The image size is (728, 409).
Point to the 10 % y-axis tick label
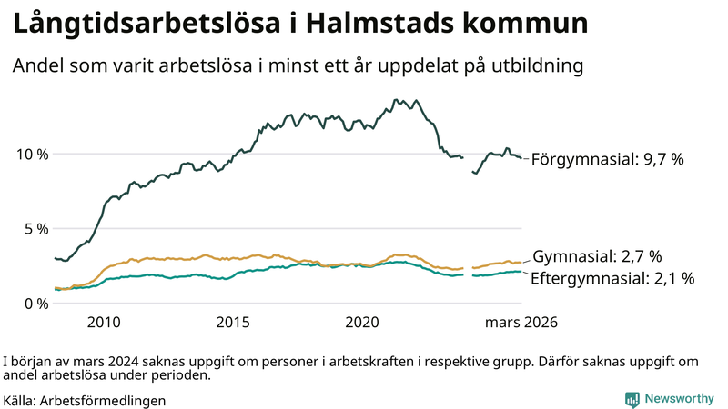click(x=31, y=154)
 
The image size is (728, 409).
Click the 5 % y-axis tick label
click(x=35, y=228)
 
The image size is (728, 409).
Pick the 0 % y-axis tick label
click(x=35, y=304)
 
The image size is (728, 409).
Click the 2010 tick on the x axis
click(x=104, y=322)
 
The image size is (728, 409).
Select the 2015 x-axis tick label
click(x=233, y=322)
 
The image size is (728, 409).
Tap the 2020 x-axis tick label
click(x=362, y=322)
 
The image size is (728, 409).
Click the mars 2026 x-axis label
click(x=521, y=322)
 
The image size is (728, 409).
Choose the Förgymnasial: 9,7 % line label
click(x=607, y=159)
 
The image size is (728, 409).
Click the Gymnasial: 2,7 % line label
click(x=596, y=256)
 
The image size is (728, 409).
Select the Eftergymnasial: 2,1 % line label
click(x=612, y=278)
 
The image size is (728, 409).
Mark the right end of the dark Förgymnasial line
click(x=521, y=159)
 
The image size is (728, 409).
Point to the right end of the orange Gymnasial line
click(x=521, y=263)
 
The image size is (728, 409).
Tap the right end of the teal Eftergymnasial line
click(x=521, y=272)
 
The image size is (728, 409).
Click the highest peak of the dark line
click(x=395, y=100)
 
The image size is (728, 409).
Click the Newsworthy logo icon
click(x=632, y=398)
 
